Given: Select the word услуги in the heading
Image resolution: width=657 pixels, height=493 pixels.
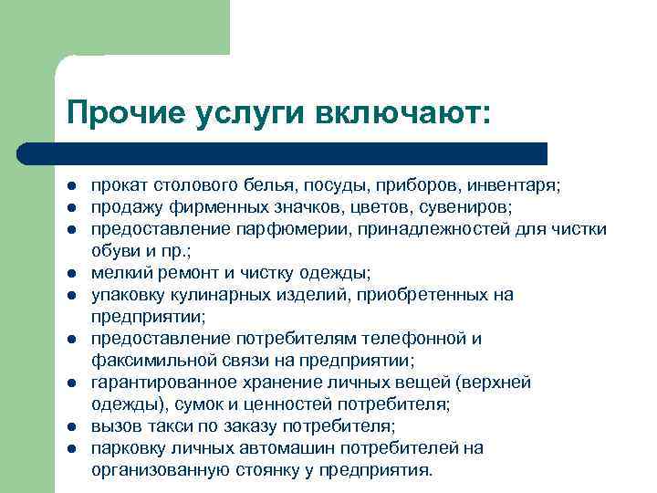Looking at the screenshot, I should click(252, 115).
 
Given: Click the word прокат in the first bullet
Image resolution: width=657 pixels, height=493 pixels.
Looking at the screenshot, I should click(115, 185).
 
